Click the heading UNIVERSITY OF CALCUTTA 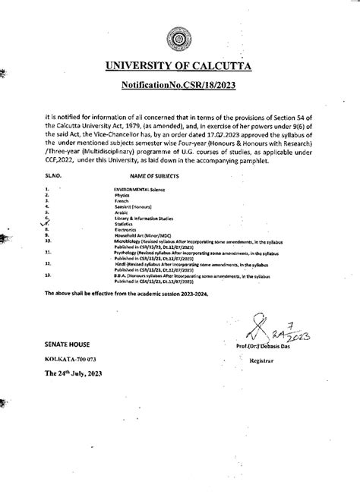tap(180, 71)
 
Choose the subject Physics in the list tap(122, 194)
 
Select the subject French tap(122, 200)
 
